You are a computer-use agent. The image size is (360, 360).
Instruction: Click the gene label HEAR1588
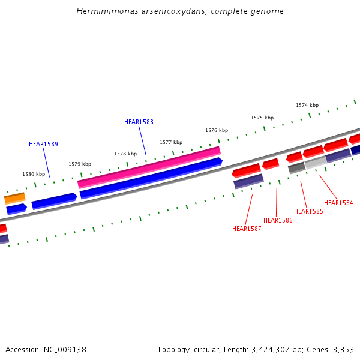139,122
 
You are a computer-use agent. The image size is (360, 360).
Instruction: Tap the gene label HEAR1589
43,144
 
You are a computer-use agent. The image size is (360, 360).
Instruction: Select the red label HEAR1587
247,229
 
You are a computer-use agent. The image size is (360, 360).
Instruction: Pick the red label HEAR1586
278,220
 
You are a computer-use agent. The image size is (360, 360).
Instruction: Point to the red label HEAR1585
308,211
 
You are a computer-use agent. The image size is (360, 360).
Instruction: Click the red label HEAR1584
338,203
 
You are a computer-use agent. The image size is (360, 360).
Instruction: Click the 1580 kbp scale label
34,174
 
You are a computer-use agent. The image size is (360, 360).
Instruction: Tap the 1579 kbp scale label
80,164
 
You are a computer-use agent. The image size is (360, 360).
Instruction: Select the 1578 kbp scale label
125,154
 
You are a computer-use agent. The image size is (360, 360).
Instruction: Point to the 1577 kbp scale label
171,142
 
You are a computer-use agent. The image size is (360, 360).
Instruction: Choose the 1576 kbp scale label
217,130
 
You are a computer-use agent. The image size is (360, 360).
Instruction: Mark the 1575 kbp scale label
262,118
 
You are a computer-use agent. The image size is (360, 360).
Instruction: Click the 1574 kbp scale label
307,105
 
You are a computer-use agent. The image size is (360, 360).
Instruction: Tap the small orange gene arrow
14,197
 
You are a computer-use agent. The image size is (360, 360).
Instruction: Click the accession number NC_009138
64,349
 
